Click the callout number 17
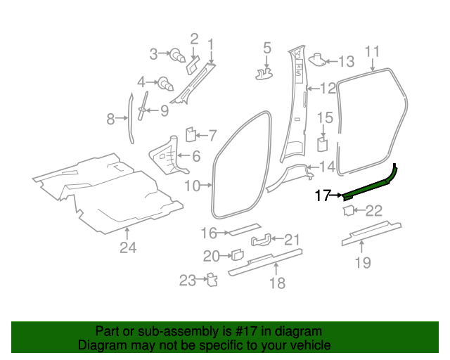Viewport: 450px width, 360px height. [323, 195]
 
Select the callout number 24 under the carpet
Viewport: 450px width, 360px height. [127, 247]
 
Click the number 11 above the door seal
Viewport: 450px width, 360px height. [373, 51]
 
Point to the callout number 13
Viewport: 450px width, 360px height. [347, 61]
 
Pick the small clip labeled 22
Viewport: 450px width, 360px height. [348, 210]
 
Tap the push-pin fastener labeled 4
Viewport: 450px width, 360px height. [166, 83]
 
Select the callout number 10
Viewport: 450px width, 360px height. [192, 186]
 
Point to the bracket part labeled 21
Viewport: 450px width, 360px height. [259, 240]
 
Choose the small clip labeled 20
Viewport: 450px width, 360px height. [237, 255]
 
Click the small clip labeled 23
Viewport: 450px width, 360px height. [210, 280]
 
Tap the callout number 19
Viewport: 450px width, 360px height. [362, 263]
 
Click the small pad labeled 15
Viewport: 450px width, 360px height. [323, 144]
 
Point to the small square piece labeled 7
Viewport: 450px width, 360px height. [190, 132]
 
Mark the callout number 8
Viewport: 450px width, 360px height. [110, 120]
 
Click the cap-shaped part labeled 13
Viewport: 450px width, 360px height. [316, 59]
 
